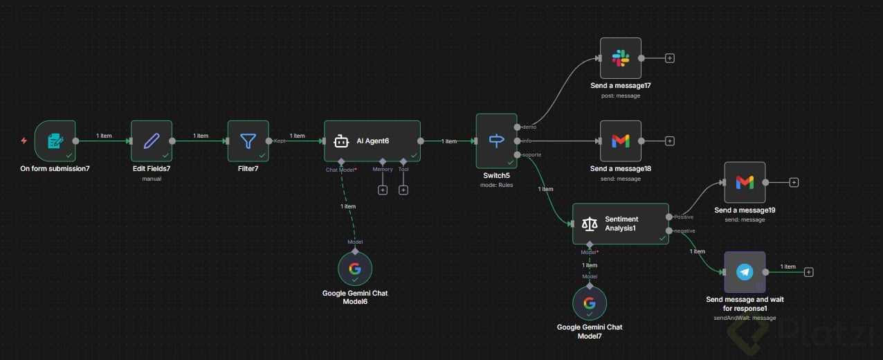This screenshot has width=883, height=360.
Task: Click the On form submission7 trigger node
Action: pyautogui.click(x=55, y=141)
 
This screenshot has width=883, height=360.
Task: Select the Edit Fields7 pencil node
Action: pyautogui.click(x=151, y=141)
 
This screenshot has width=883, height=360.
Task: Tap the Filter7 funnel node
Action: pyautogui.click(x=248, y=141)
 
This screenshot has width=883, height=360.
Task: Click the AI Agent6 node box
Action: pyautogui.click(x=372, y=141)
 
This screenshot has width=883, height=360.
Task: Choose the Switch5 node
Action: pyautogui.click(x=496, y=141)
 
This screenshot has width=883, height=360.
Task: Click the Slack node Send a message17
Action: pyautogui.click(x=621, y=58)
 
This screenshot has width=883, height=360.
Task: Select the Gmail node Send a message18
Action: pyautogui.click(x=621, y=141)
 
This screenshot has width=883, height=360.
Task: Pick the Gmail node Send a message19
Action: pyautogui.click(x=745, y=183)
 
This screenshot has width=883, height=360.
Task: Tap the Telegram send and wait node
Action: pyautogui.click(x=745, y=272)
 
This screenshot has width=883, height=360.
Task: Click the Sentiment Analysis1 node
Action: pyautogui.click(x=621, y=224)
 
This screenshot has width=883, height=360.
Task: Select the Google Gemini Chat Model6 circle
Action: pyautogui.click(x=355, y=269)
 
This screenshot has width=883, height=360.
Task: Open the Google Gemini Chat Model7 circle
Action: pyautogui.click(x=590, y=303)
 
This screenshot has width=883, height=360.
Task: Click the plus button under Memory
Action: pyautogui.click(x=383, y=190)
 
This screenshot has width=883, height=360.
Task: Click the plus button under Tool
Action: pyautogui.click(x=403, y=190)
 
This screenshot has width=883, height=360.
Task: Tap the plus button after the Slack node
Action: pyautogui.click(x=670, y=58)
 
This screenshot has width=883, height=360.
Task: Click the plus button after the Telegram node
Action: pyautogui.click(x=808, y=272)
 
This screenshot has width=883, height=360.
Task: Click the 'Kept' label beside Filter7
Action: pyautogui.click(x=280, y=141)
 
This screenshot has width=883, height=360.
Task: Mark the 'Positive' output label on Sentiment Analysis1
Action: pyautogui.click(x=684, y=217)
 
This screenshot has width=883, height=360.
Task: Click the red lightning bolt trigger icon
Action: pyautogui.click(x=24, y=141)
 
